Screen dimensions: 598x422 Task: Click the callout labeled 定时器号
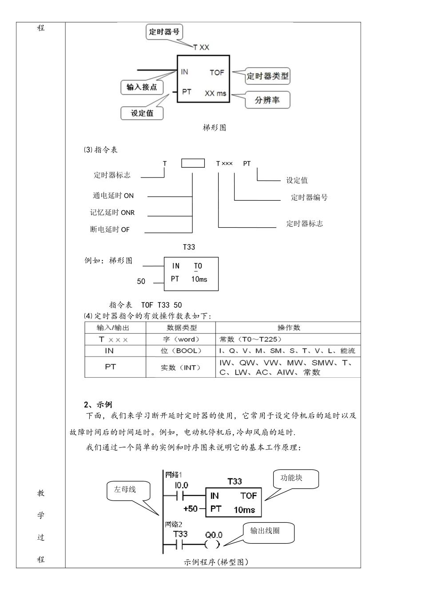pyautogui.click(x=164, y=32)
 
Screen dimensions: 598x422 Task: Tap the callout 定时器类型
pyautogui.click(x=267, y=76)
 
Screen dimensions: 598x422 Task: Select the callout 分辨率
pyautogui.click(x=267, y=100)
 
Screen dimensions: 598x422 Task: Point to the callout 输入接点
pyautogui.click(x=142, y=87)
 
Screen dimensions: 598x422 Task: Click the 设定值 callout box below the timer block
pyautogui.click(x=142, y=113)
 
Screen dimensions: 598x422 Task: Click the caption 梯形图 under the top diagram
pyautogui.click(x=215, y=128)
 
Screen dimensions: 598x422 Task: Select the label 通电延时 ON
pyautogui.click(x=113, y=196)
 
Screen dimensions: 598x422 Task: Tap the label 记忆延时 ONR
pyautogui.click(x=112, y=213)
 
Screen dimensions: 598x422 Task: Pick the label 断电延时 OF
pyautogui.click(x=110, y=230)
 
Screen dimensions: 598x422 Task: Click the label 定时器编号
pyautogui.click(x=309, y=198)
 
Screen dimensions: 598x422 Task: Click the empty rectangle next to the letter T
pyautogui.click(x=193, y=163)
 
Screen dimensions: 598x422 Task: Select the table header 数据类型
pyautogui.click(x=181, y=328)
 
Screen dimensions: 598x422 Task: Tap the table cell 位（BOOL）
pyautogui.click(x=181, y=351)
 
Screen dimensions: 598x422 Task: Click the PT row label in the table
pyautogui.click(x=110, y=367)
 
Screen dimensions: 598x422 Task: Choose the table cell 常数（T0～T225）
pyautogui.click(x=251, y=339)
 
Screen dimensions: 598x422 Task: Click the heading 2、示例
pyautogui.click(x=98, y=404)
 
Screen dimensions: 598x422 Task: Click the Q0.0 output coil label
pyautogui.click(x=214, y=535)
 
